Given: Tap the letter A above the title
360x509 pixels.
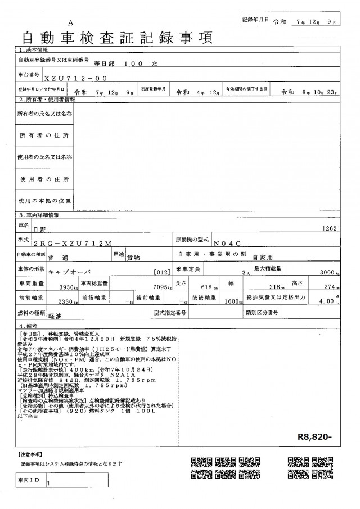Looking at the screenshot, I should click(x=70, y=23).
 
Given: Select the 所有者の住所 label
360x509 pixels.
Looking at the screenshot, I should click(x=44, y=136).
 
